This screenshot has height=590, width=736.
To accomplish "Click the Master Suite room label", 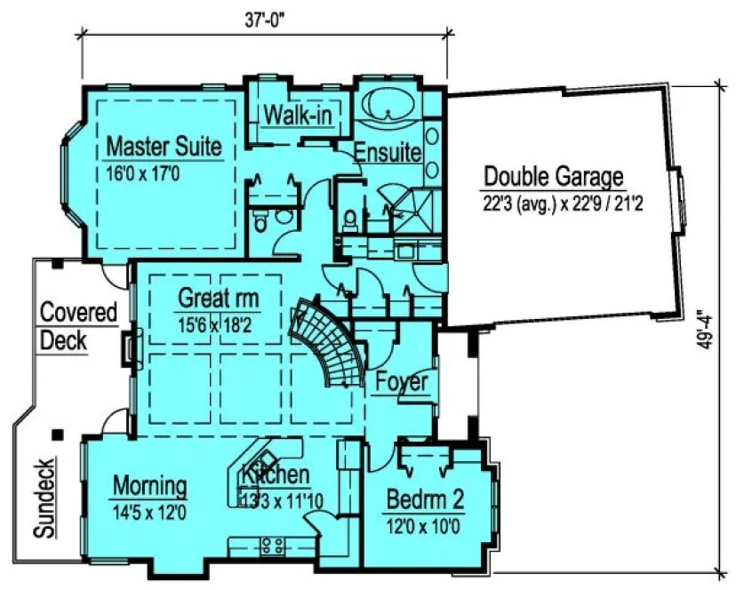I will [x=164, y=147].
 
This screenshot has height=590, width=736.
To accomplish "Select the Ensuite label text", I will [x=387, y=152].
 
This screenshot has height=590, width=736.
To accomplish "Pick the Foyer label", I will [x=401, y=383].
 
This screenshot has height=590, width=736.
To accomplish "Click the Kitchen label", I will [x=276, y=475].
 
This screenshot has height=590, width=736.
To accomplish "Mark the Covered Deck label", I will [x=78, y=326].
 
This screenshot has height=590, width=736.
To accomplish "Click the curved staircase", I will [x=332, y=342].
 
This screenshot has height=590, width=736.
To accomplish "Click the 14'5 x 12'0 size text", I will [x=149, y=513].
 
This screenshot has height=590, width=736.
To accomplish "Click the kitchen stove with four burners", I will [x=271, y=544].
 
